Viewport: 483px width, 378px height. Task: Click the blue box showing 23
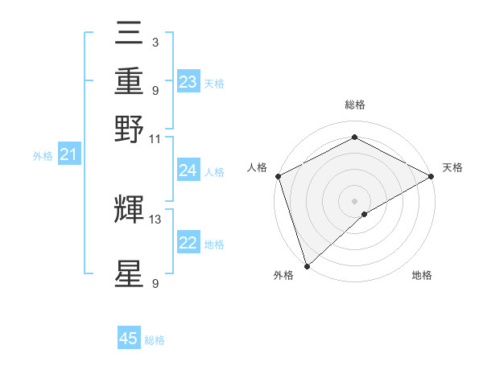pos(188,81)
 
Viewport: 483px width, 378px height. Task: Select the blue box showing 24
pos(188,170)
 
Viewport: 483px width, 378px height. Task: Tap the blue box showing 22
pos(188,243)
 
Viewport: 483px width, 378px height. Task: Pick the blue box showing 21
pos(68,154)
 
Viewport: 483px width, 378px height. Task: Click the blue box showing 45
pos(129,339)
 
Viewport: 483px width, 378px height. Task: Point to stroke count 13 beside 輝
pos(155,219)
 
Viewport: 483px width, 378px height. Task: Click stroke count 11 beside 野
pos(155,138)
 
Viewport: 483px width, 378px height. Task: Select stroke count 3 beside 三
pos(155,42)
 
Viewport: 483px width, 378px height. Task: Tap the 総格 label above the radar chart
pos(354,105)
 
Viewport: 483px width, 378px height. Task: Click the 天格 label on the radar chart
pos(452,167)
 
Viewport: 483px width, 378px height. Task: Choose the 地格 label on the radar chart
pos(422,276)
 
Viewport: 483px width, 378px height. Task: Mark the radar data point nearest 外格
pos(307,265)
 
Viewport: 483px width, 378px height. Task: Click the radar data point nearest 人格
pos(278,176)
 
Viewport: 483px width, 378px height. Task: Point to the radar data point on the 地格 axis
pos(365,214)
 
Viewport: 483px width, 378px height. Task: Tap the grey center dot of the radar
pos(354,200)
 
